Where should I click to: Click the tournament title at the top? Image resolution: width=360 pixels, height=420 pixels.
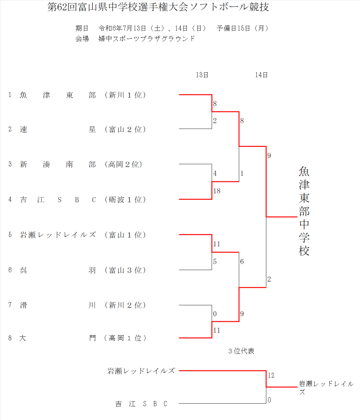click(158, 8)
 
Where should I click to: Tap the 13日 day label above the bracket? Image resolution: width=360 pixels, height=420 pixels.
click(202, 75)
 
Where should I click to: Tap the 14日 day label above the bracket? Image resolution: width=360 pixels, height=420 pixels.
click(261, 75)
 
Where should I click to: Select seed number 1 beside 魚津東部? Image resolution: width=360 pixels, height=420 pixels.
click(10, 95)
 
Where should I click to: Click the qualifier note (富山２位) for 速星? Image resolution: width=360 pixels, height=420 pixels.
click(124, 129)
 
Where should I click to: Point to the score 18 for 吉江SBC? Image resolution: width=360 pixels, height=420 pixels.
click(217, 191)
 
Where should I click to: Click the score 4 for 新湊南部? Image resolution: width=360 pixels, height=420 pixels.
click(215, 173)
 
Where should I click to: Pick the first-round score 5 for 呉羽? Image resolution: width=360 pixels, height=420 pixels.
click(215, 262)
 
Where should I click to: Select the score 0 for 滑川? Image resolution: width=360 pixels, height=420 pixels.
click(215, 314)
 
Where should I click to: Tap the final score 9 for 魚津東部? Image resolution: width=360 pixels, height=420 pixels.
click(269, 156)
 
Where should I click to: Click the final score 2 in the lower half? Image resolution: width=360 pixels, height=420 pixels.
click(269, 279)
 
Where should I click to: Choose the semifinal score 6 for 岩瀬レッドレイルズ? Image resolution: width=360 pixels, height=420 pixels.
click(242, 262)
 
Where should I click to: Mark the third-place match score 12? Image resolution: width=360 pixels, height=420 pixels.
click(271, 376)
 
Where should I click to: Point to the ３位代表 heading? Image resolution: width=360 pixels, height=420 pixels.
click(241, 351)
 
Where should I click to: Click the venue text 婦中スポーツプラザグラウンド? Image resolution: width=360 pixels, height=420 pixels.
click(147, 39)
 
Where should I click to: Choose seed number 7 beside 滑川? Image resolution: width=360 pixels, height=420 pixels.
click(10, 305)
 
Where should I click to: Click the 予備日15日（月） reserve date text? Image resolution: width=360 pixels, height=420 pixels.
click(242, 28)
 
